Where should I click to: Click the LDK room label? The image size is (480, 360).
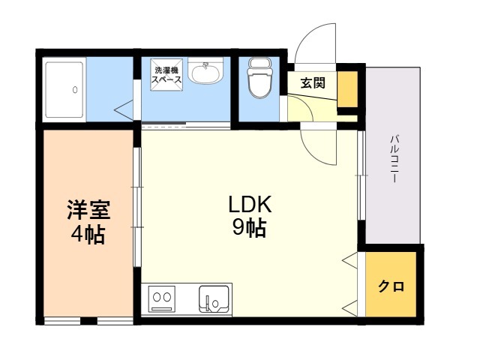click(250, 205)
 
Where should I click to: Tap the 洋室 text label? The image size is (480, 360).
click(88, 210)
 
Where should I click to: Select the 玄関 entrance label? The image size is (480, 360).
click(313, 82)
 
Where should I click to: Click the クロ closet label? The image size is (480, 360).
click(391, 286)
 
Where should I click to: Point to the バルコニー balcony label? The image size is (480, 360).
click(394, 159)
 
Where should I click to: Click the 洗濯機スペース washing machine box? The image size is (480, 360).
click(166, 75)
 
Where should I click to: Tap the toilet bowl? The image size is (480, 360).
click(259, 78)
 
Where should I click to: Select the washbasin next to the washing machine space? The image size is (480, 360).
click(205, 71)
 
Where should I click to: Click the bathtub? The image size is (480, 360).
click(64, 90)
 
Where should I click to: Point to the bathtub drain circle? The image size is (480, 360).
click(75, 90)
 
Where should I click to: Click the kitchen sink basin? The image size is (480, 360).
click(214, 299)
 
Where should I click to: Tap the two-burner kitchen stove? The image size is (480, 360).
click(162, 299)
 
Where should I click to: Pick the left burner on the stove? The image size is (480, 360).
click(156, 297)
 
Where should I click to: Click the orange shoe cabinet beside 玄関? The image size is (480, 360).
click(347, 89)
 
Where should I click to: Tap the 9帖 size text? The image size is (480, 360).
click(249, 228)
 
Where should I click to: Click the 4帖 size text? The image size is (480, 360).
click(88, 235)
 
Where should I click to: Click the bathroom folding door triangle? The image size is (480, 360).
click(124, 109)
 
